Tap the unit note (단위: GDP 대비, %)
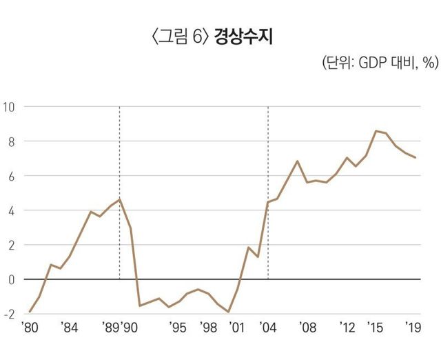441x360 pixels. point(379,63)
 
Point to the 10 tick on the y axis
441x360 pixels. point(10,107)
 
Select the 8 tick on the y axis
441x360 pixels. point(12,141)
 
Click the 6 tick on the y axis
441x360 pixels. point(12,176)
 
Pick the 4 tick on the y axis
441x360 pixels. point(12,210)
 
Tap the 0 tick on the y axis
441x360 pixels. point(12,279)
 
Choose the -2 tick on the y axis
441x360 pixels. point(10,314)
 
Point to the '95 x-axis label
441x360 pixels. point(178,328)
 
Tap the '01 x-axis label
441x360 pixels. point(238,328)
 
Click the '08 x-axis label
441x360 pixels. point(307,328)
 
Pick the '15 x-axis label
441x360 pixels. point(376,328)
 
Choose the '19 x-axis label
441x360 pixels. point(415,328)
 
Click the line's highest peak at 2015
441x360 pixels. point(376,131)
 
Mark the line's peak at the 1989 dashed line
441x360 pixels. point(120,199)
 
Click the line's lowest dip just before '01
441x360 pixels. point(228,312)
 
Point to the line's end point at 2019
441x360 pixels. point(416,158)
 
